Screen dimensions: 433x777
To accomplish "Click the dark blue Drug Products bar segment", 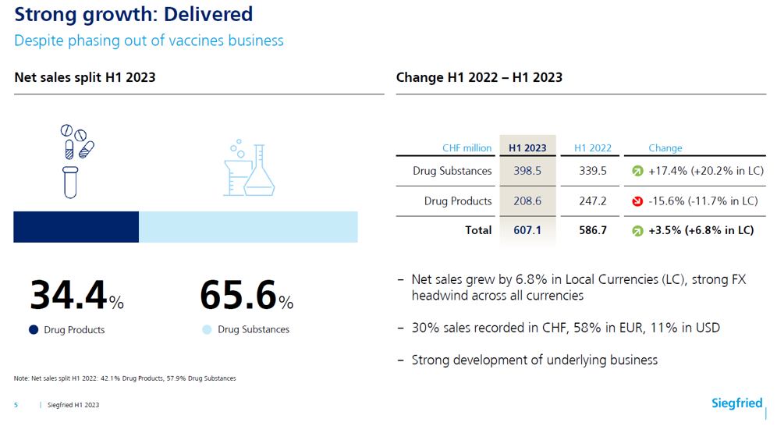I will tap(76, 226).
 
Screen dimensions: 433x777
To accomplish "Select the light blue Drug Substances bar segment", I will tap(248, 226).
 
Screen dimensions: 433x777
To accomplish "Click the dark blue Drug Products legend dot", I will tap(34, 330).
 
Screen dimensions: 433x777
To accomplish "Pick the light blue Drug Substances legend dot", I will tap(207, 330).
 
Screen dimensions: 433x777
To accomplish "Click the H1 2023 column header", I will tap(527, 148).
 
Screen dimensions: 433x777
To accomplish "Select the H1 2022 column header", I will tap(593, 148).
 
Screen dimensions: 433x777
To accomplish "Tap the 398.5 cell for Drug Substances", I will tap(527, 171).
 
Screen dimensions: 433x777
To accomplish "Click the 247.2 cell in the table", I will tap(593, 201).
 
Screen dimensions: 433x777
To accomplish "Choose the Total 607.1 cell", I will tap(527, 230).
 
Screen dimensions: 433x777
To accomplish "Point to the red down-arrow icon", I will tap(637, 201).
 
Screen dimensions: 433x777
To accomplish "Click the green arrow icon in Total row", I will tap(637, 231).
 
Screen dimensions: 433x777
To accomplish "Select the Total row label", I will tap(478, 230).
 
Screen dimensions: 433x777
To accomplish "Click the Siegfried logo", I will tap(736, 403).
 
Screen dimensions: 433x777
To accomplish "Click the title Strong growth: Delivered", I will tap(133, 14).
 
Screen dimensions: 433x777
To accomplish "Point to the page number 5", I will tap(16, 405).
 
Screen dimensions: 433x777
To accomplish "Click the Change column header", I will tap(665, 148).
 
